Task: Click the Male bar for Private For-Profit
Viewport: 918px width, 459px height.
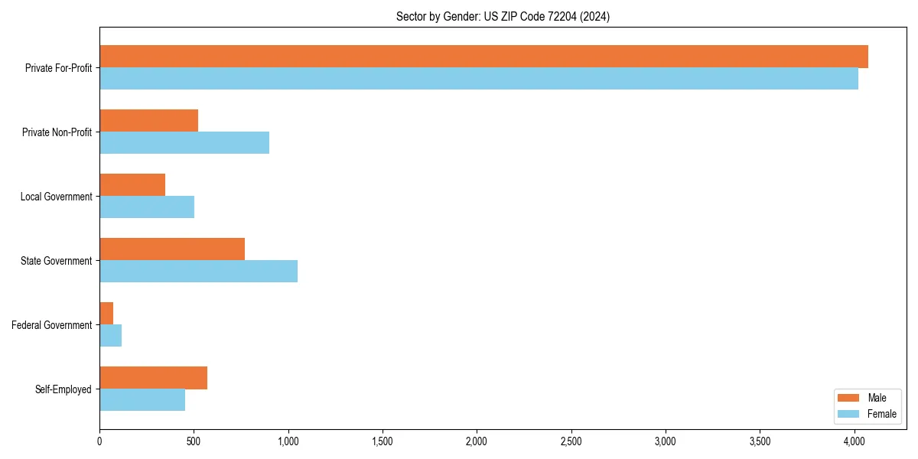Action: (483, 57)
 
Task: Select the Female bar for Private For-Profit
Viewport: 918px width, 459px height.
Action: (479, 79)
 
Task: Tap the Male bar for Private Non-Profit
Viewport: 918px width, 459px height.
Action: (148, 121)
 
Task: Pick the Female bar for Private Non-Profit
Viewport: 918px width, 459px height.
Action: (184, 143)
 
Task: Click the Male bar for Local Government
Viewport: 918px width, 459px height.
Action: (132, 185)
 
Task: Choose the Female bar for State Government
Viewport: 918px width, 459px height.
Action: (198, 272)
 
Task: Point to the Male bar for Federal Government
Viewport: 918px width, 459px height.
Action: (106, 314)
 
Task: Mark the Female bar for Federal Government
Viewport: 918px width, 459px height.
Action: (110, 336)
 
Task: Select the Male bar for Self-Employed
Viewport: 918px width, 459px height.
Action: (153, 378)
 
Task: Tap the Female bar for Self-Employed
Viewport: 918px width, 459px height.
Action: (142, 400)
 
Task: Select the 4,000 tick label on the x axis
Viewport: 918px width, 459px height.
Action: (855, 441)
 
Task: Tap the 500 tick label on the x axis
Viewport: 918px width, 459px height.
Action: (194, 441)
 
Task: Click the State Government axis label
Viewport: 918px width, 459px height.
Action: (56, 261)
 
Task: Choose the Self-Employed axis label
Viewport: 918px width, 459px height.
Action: (63, 389)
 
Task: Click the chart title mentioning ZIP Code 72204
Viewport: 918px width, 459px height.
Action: (503, 16)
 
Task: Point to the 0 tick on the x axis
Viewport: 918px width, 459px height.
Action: (99, 441)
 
